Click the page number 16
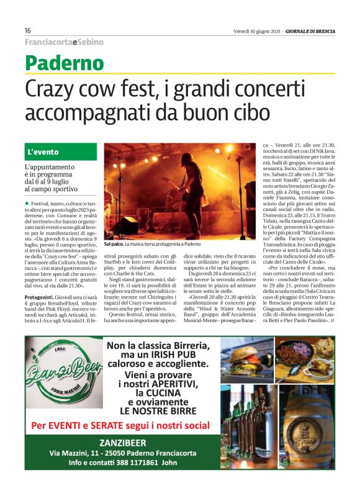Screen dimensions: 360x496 point(29,31)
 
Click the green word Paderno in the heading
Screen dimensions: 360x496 point(65,63)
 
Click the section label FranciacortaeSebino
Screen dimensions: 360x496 point(64,42)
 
